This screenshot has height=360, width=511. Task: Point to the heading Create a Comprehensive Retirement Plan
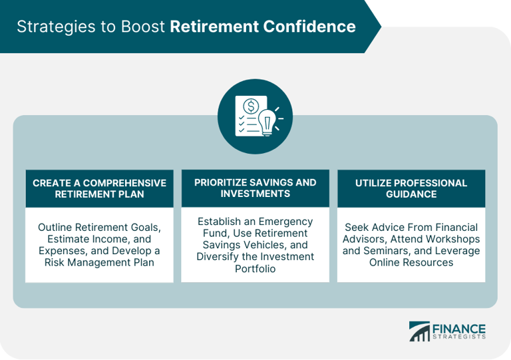99,188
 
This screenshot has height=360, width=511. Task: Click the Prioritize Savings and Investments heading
255,188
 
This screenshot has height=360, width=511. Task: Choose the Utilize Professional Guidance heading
411,188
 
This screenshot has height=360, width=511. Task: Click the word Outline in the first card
57,227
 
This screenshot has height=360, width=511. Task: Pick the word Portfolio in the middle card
255,269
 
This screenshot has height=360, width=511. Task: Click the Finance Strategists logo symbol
419,331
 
